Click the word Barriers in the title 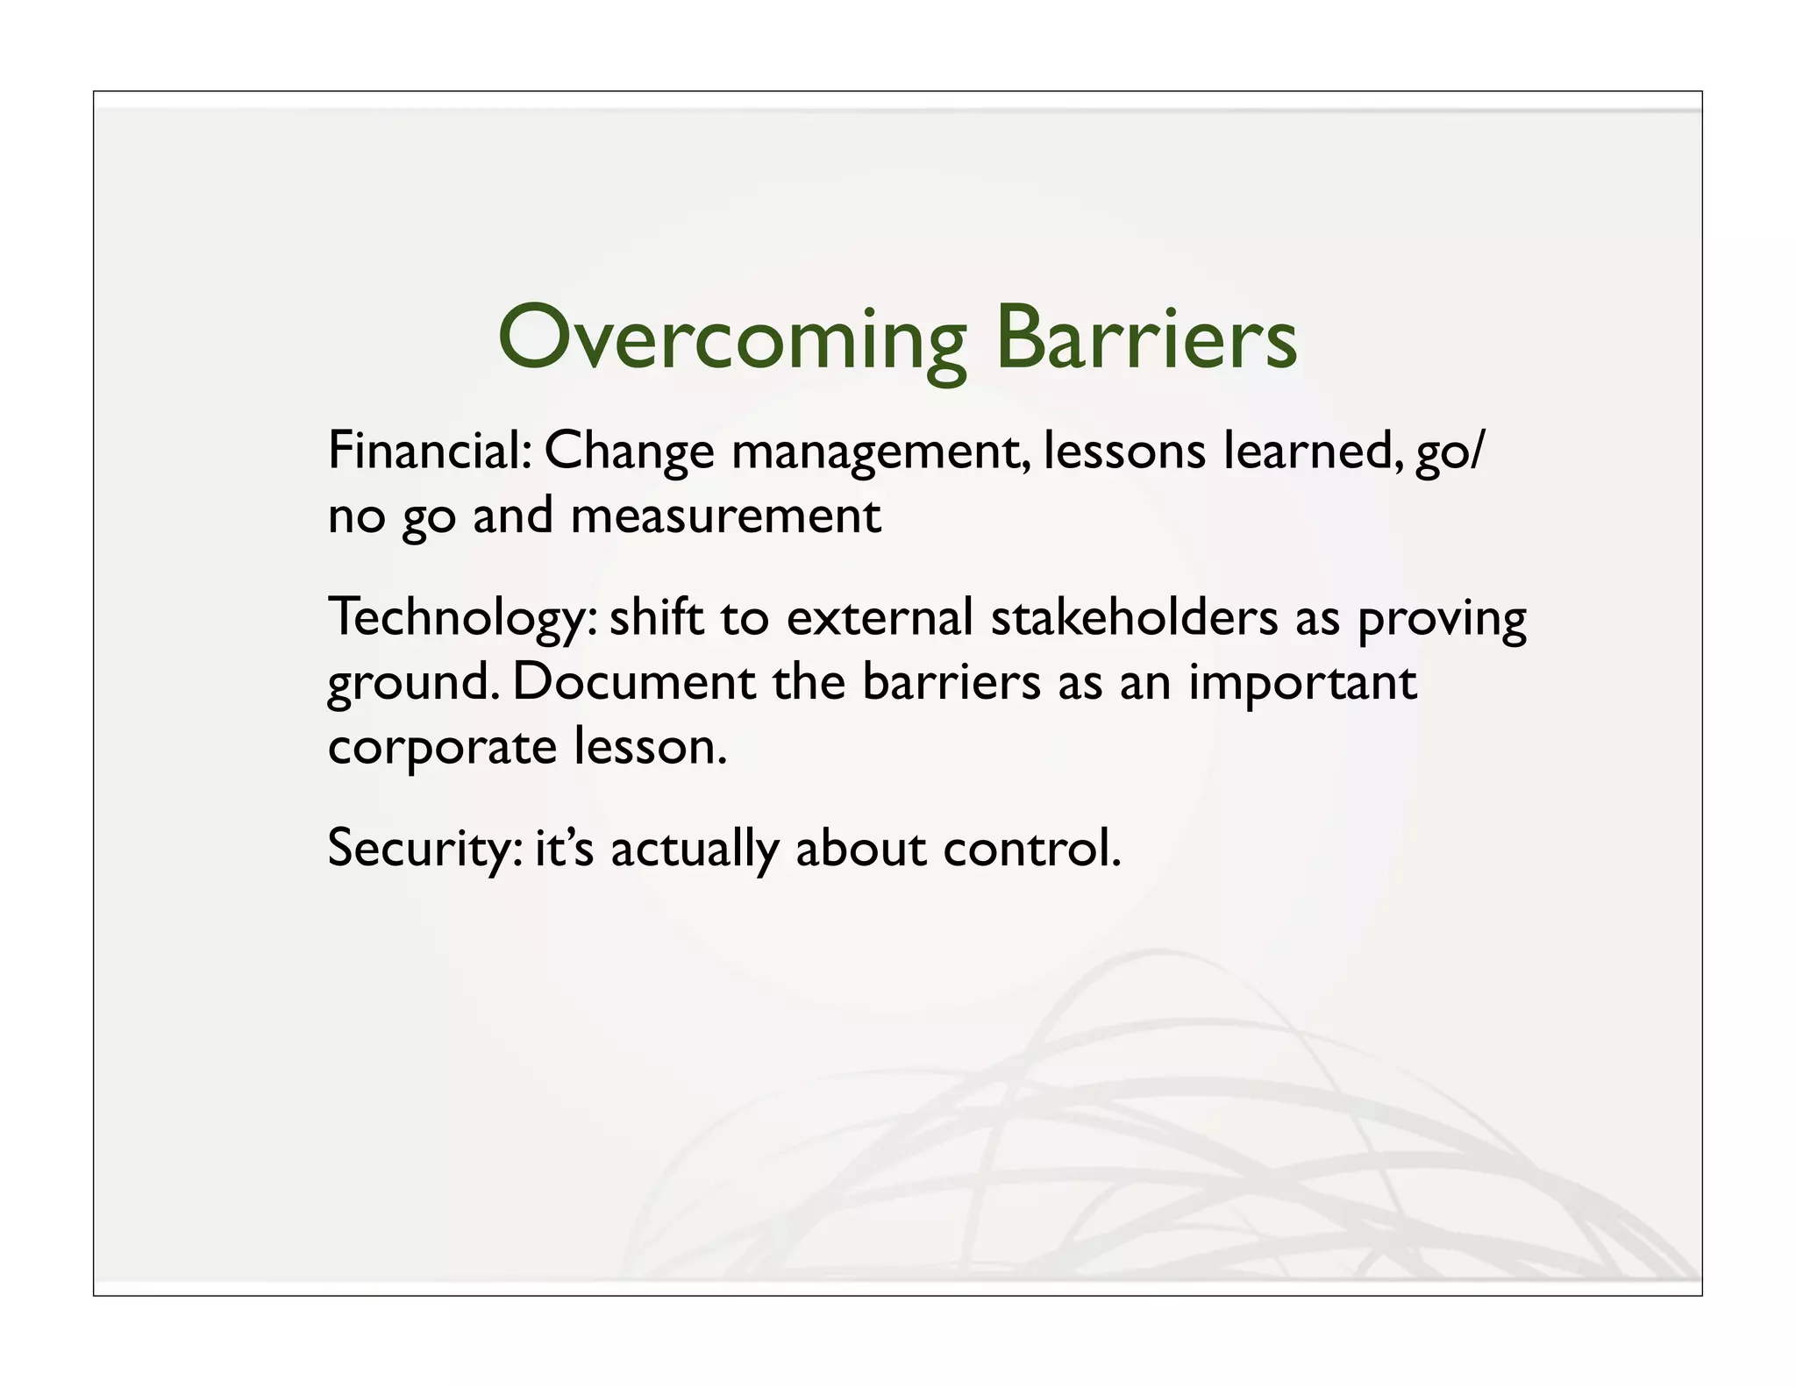[x=1146, y=338]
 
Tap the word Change [x=629, y=452]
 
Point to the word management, [x=880, y=454]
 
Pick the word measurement [x=725, y=516]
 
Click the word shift [x=657, y=617]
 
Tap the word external [x=880, y=617]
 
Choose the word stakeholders [x=1134, y=617]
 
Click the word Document [x=633, y=682]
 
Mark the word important [x=1302, y=684]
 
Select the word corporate [x=442, y=749]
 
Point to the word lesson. [x=650, y=747]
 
